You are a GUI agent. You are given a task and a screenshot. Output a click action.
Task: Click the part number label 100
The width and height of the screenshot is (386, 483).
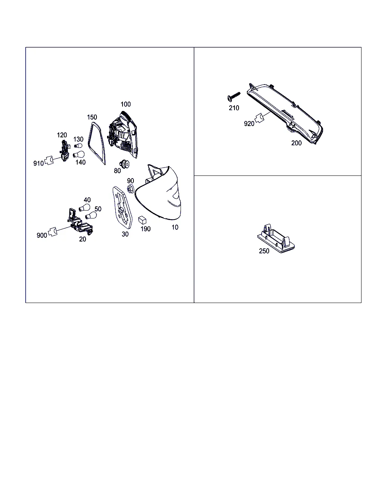(x=126, y=104)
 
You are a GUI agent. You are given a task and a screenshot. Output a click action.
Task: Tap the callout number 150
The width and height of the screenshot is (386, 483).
(x=92, y=117)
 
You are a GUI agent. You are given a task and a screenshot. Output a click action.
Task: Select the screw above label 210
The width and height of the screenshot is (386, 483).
(x=233, y=97)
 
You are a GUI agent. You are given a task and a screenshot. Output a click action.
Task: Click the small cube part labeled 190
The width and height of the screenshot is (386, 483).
(x=142, y=220)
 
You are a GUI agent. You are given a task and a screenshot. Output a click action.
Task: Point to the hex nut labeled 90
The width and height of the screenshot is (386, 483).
(x=130, y=189)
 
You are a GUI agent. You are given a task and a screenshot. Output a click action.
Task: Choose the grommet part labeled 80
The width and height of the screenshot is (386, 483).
(x=124, y=164)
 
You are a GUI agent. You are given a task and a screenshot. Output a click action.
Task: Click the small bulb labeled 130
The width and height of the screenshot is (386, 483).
(x=78, y=146)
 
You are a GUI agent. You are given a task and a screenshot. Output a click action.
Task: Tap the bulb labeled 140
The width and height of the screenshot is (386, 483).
(x=78, y=154)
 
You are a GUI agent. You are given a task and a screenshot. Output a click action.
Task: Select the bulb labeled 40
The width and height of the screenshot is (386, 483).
(x=84, y=208)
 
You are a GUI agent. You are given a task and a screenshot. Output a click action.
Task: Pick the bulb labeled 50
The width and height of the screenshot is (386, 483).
(x=91, y=215)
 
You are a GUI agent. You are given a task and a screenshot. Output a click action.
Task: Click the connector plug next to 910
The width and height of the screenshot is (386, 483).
(x=49, y=160)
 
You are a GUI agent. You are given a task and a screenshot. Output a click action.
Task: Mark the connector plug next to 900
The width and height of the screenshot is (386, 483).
(x=53, y=232)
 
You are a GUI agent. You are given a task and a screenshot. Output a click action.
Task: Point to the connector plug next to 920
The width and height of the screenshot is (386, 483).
(x=260, y=118)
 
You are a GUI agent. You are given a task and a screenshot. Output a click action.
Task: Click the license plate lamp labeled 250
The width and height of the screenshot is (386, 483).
(x=276, y=238)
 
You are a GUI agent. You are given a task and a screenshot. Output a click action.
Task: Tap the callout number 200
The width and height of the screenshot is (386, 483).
(x=296, y=143)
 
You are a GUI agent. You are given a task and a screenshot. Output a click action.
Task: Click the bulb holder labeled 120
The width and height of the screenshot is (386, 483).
(x=64, y=151)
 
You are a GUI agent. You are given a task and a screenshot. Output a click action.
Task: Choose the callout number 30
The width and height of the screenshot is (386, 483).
(x=125, y=234)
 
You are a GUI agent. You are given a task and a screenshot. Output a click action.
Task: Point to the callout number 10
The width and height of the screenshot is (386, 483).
(x=175, y=228)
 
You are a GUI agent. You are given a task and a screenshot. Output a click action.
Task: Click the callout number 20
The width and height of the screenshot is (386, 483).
(x=83, y=239)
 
